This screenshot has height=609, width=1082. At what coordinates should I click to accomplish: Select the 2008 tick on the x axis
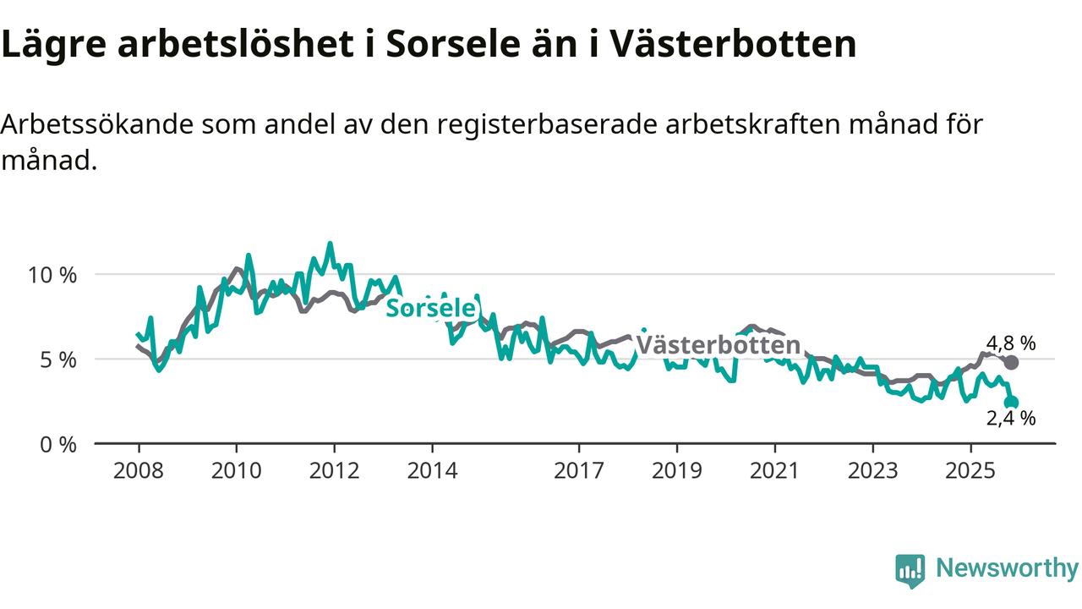coord(139,469)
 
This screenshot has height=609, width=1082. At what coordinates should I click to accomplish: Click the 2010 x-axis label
coord(237,469)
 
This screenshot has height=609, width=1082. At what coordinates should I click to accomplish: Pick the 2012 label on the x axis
coord(335,469)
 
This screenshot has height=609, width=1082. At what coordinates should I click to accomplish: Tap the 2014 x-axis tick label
coord(432,469)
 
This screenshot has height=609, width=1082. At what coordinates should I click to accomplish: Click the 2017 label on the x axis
coord(579,469)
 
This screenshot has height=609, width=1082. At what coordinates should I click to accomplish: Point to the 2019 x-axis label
coord(676,469)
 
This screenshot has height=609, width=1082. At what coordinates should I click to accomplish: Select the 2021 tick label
coord(774,469)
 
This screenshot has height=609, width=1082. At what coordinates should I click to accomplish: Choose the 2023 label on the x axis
coord(872,469)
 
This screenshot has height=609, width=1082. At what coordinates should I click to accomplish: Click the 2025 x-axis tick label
coord(970,469)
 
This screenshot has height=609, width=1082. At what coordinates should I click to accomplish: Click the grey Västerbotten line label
coord(718,345)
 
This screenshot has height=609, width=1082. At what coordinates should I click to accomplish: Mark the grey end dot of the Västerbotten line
coord(1011,362)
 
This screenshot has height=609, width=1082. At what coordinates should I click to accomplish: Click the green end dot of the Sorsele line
coord(1011,403)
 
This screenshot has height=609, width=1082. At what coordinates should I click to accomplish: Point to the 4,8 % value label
coord(1011,343)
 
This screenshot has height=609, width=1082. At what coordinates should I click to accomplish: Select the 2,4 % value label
coord(1011,418)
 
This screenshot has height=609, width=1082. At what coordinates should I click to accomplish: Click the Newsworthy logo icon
coord(910,570)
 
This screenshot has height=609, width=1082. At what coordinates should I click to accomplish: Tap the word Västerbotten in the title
coord(738,44)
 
